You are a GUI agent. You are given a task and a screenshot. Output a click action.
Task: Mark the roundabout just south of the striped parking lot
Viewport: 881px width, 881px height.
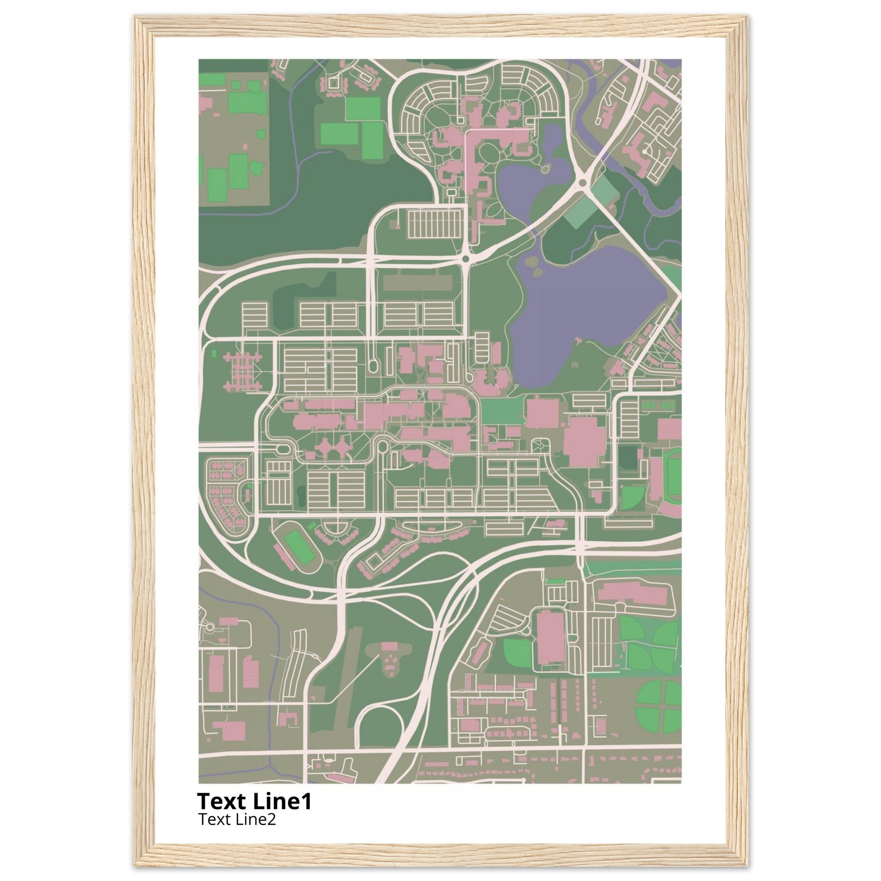click(465, 259)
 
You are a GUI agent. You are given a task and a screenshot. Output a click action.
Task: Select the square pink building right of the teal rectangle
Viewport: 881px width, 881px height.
click(542, 413)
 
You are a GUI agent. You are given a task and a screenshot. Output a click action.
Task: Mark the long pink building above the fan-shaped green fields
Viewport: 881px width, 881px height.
click(632, 593)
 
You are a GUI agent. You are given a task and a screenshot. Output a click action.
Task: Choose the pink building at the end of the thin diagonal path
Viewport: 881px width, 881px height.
click(389, 646)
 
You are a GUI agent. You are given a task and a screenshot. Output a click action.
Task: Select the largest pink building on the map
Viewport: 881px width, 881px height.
click(585, 441)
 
